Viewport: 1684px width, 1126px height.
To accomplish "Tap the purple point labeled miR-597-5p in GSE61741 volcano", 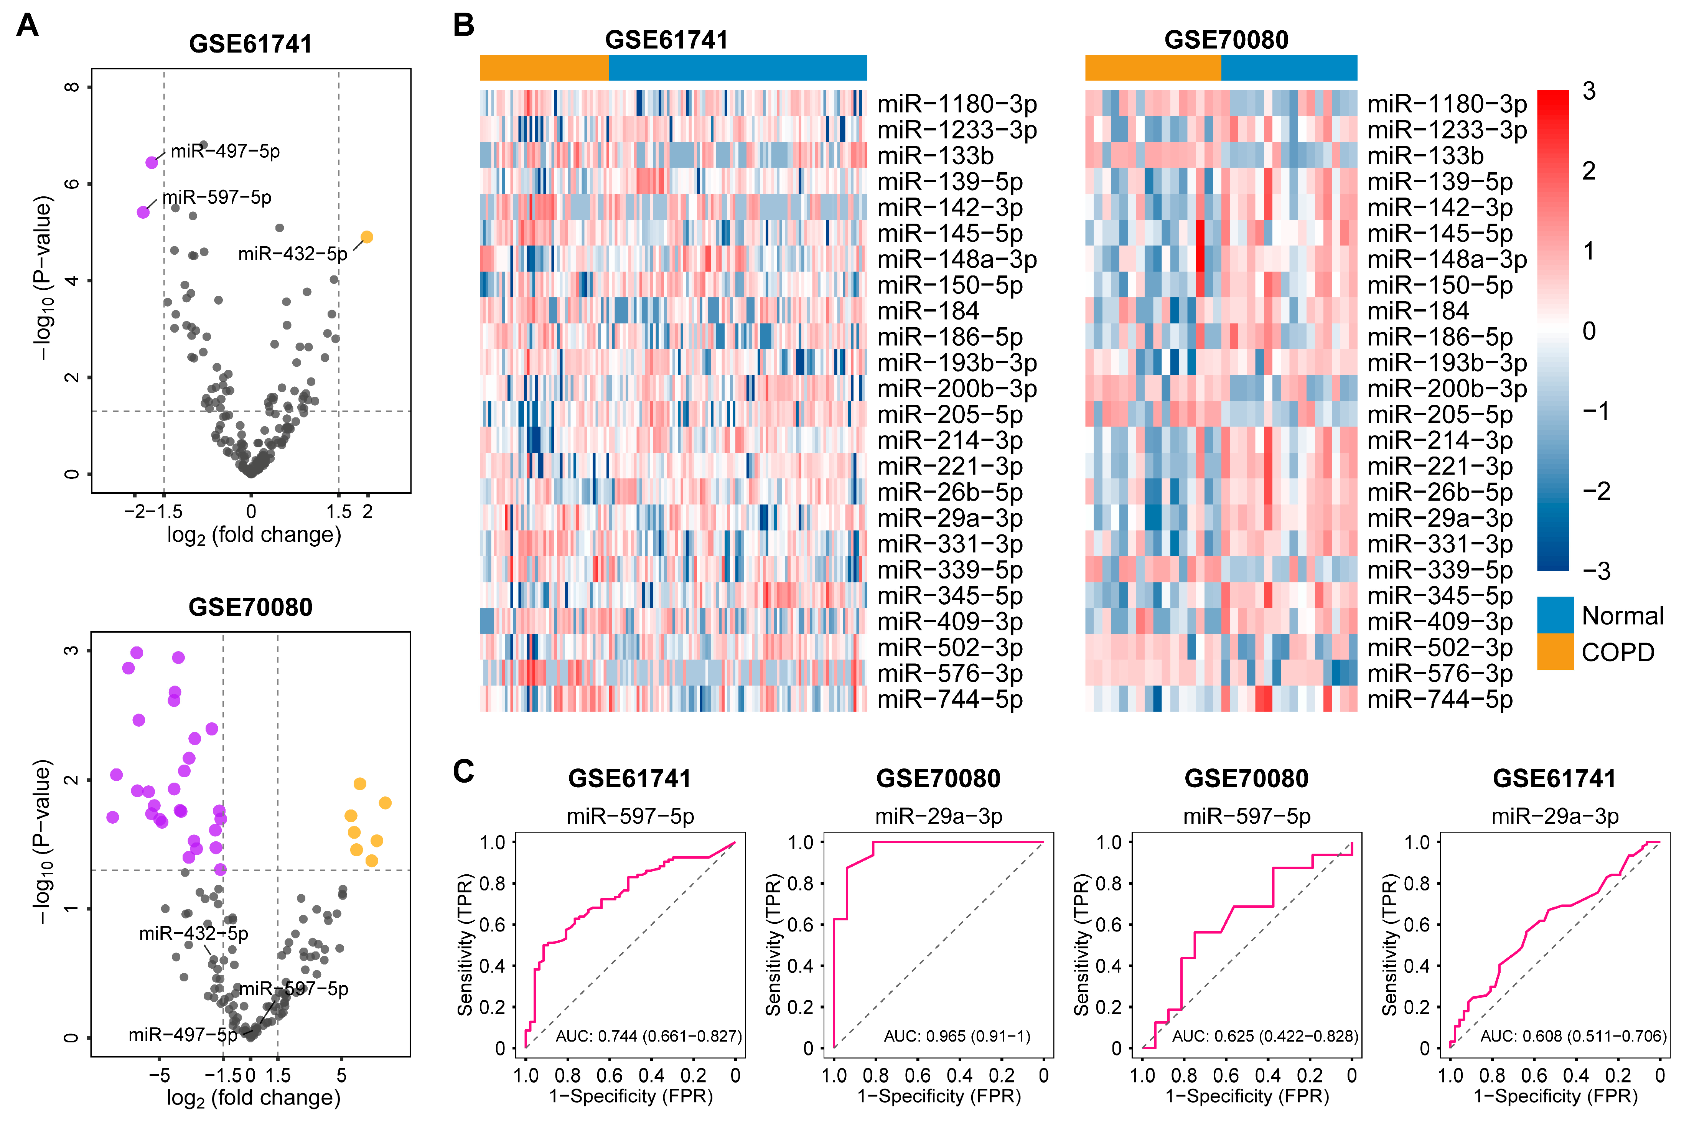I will tap(143, 212).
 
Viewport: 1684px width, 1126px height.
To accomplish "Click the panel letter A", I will tap(27, 25).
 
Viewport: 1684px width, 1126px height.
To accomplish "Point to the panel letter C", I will tap(464, 772).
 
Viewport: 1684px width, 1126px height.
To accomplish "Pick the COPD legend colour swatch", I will tap(1555, 652).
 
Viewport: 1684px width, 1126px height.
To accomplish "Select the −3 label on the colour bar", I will tap(1597, 572).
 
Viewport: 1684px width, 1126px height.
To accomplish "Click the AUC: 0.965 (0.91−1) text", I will tap(957, 1036).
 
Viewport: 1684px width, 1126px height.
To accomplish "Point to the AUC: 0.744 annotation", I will tap(648, 1036).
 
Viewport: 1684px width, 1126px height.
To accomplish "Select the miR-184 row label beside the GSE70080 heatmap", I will tap(1418, 311).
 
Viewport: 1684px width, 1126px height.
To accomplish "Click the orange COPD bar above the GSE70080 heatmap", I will tap(1153, 68).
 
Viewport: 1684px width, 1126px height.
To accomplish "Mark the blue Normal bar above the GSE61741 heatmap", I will tap(738, 68).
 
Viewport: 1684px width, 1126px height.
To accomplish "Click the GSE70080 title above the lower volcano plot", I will tap(250, 608).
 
